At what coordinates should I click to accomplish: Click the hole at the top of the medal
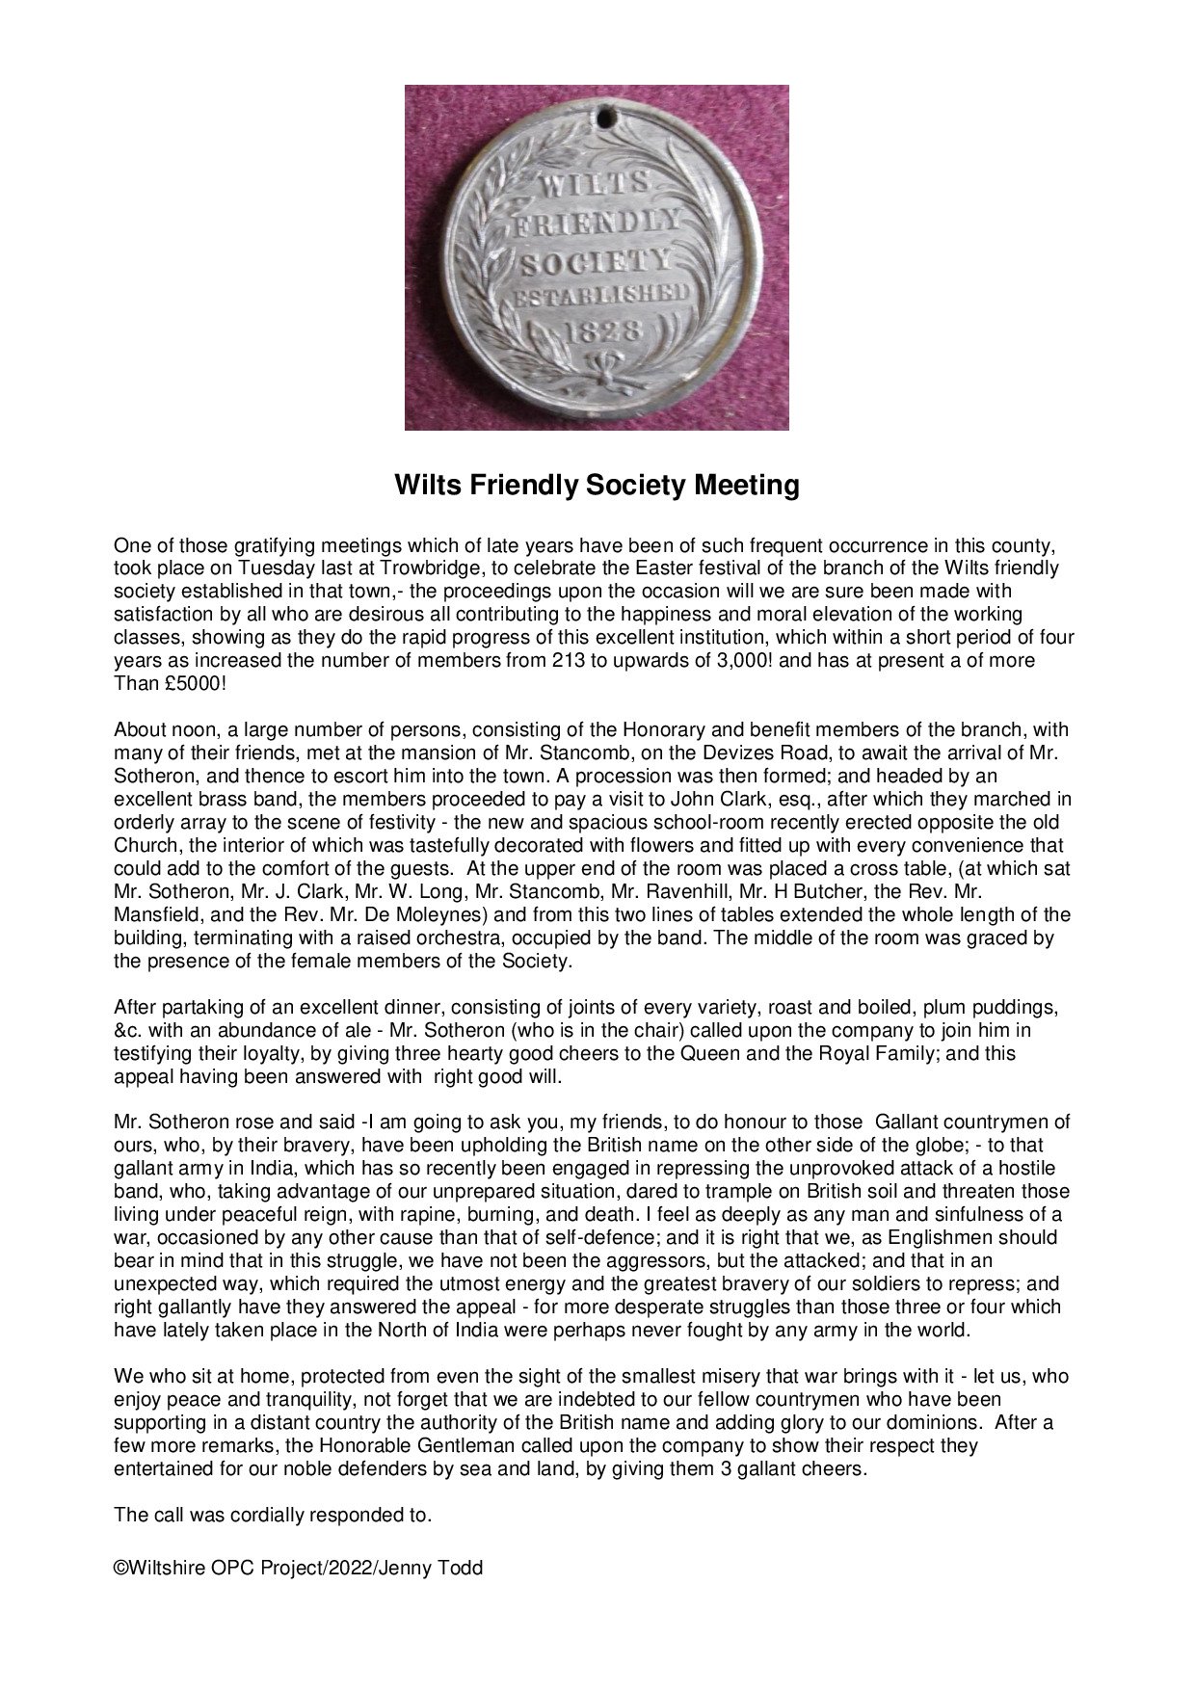pos(605,118)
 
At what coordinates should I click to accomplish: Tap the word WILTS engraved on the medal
pos(597,185)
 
